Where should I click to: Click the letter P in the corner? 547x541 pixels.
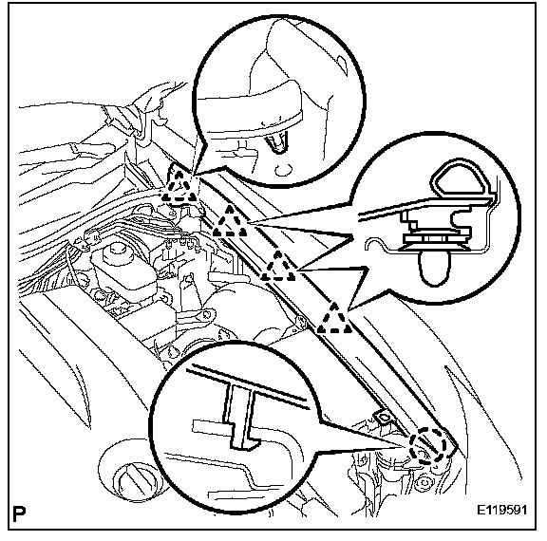19,513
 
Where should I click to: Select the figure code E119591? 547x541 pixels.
501,511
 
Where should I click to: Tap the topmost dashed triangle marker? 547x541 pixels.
179,186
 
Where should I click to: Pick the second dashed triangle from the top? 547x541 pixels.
230,221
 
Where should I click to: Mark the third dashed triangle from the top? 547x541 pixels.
278,266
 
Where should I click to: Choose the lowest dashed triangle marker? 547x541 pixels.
334,318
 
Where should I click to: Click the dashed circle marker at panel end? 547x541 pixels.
428,446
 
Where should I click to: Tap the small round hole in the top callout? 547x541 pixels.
283,170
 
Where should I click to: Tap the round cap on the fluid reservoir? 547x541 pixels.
116,252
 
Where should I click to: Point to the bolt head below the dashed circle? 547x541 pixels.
424,483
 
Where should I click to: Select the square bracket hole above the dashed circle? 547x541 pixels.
383,417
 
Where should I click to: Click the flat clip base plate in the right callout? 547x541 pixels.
435,239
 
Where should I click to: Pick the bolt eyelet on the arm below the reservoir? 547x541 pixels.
208,314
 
